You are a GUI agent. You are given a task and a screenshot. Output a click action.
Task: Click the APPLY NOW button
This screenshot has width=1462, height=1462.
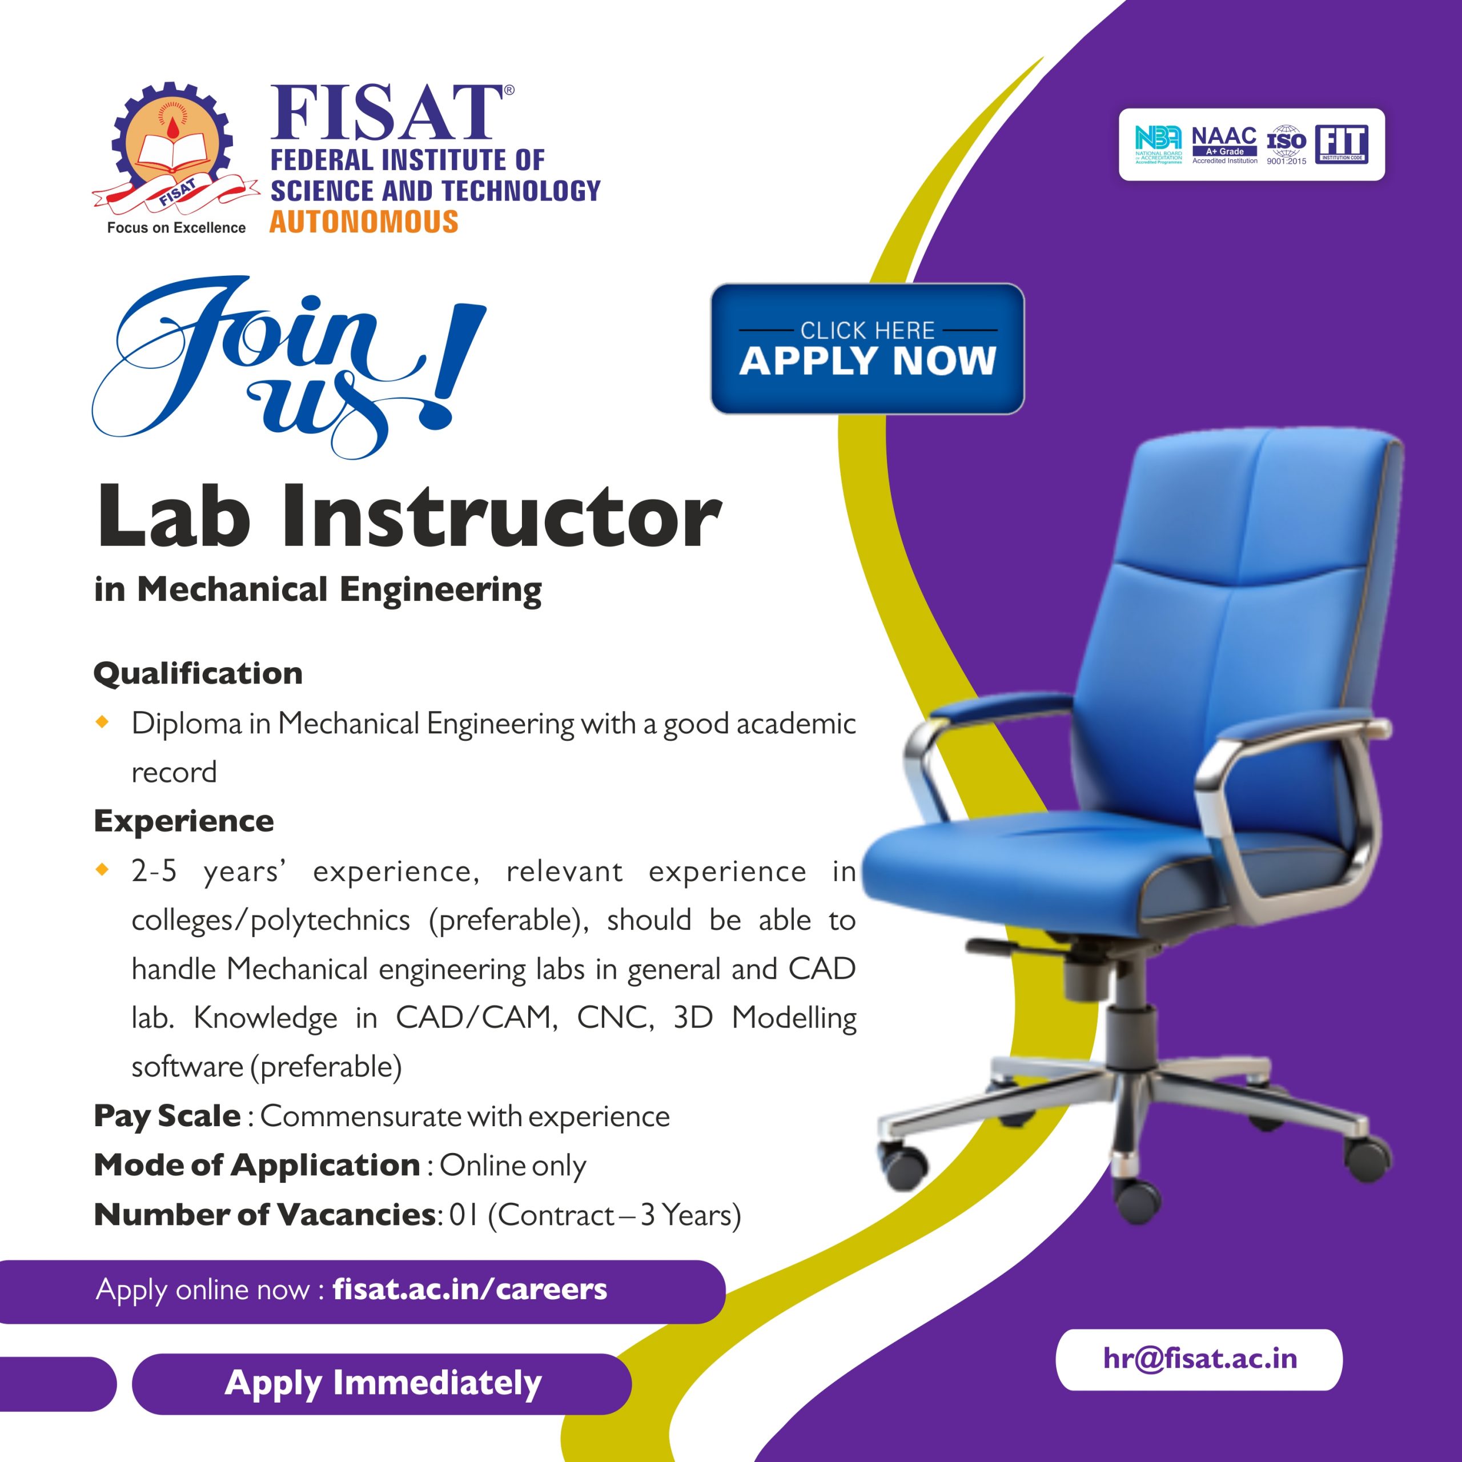pos(867,349)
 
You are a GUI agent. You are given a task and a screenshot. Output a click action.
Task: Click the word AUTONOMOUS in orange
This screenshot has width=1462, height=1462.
pos(364,222)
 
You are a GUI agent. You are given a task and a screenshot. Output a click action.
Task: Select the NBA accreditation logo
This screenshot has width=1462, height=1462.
pos(1158,144)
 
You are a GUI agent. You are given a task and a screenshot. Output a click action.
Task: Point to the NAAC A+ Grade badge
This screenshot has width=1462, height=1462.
pos(1224,144)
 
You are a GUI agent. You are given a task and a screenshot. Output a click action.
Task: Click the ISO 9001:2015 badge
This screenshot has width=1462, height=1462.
pos(1287,144)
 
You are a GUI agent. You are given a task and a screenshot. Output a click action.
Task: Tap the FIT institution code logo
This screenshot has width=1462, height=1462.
pos(1341,144)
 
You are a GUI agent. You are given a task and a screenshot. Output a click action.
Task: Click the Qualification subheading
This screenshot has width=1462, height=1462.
pos(198,673)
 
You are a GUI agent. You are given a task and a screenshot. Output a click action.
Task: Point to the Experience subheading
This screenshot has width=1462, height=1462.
pos(184,820)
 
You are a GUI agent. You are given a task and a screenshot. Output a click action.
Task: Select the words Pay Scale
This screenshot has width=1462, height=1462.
pos(167,1116)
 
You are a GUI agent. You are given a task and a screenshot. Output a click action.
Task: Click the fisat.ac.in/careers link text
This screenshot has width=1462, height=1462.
pos(470,1289)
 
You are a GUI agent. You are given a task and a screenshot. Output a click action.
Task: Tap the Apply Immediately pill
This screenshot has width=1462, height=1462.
pos(382,1384)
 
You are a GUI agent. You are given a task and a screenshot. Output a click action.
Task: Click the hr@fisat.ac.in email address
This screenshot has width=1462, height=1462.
pos(1199,1358)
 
